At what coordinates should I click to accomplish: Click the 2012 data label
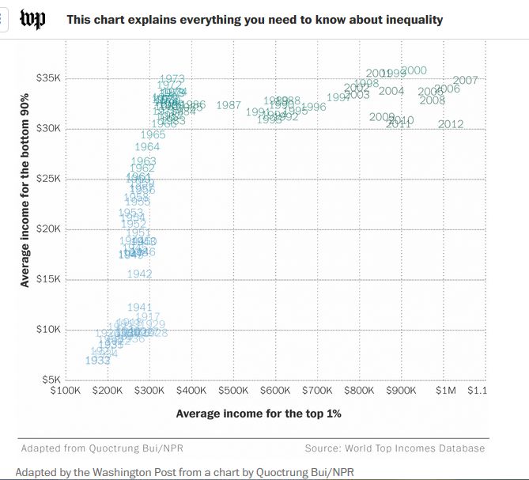(x=451, y=124)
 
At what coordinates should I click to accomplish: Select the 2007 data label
(x=466, y=81)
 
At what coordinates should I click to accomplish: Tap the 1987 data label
(x=229, y=105)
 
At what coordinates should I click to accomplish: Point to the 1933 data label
(x=97, y=361)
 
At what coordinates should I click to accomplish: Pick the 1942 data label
(x=139, y=274)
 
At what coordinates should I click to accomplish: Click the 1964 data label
(x=147, y=147)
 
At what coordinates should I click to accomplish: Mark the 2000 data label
(x=414, y=71)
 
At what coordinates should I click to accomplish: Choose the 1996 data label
(x=314, y=107)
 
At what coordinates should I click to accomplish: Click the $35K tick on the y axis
(x=48, y=78)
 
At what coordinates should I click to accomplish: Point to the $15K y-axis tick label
(x=48, y=279)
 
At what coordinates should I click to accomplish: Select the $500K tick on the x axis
(x=233, y=390)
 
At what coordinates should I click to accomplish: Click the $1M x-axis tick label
(x=447, y=390)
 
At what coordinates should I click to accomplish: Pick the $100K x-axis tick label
(x=64, y=390)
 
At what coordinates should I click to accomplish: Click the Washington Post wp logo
(x=32, y=19)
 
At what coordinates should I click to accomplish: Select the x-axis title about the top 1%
(x=259, y=413)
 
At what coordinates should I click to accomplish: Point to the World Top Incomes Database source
(x=395, y=448)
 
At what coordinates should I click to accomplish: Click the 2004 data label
(x=391, y=91)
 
